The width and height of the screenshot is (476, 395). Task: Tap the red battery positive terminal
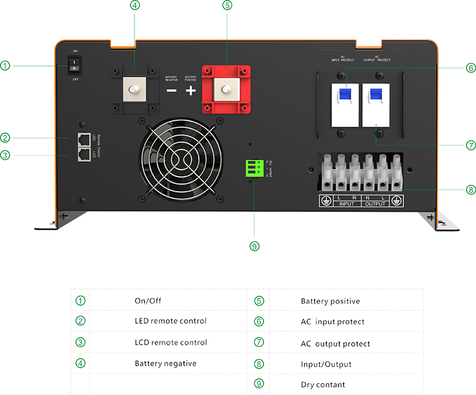tap(226, 89)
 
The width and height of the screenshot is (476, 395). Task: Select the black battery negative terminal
tap(134, 89)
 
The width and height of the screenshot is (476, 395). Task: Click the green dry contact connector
tap(253, 169)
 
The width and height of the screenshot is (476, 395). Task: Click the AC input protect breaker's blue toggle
tap(346, 95)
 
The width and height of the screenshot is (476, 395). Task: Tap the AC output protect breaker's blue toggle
tap(375, 95)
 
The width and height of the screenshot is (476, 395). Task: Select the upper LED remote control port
tap(84, 139)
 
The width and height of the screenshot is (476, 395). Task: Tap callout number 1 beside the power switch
tap(5, 65)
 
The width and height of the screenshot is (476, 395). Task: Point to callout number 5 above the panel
tap(226, 5)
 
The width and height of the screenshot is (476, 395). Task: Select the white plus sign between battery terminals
tap(190, 91)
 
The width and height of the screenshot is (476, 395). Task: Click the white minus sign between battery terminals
tap(171, 91)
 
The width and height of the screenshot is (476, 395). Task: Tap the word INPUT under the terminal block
tap(346, 204)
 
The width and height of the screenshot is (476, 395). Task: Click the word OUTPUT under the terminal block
tap(375, 204)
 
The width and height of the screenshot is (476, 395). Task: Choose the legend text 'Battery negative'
tap(161, 363)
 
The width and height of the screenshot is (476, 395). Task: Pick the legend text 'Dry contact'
tap(322, 385)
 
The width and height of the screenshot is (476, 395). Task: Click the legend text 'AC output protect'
tap(335, 344)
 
